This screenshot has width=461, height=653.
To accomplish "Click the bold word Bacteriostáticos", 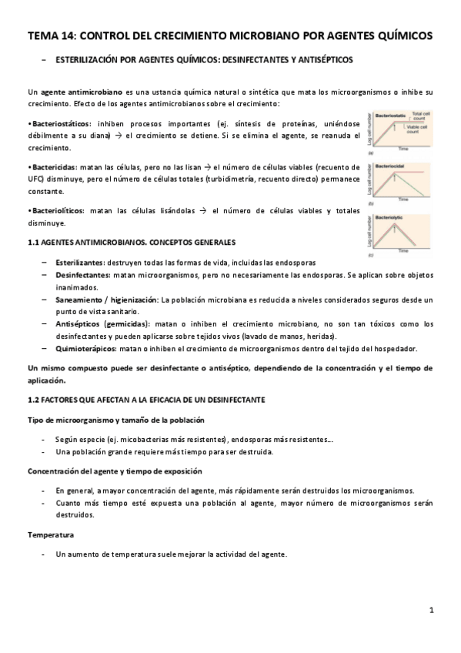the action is tap(60, 123).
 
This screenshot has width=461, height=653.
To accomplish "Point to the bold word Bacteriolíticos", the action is tap(58, 210).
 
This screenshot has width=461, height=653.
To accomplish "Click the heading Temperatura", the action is tap(52, 534).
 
